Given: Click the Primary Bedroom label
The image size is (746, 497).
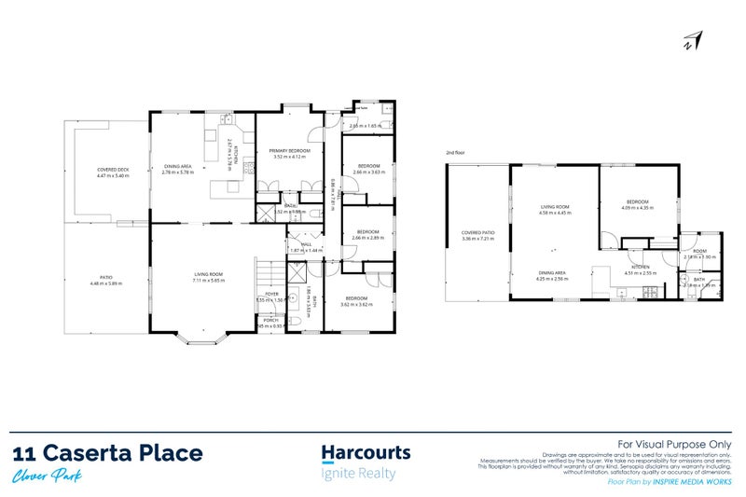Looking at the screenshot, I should pyautogui.click(x=290, y=150).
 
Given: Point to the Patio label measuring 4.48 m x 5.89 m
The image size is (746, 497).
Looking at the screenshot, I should pyautogui.click(x=106, y=277).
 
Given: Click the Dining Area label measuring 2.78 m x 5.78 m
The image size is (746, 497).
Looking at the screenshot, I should pyautogui.click(x=178, y=166).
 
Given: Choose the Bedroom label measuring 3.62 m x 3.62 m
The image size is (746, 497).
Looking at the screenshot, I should pyautogui.click(x=356, y=298).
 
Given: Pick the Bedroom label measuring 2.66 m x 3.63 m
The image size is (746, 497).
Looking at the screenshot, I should pyautogui.click(x=366, y=166).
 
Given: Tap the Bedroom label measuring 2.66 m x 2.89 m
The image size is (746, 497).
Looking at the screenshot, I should pyautogui.click(x=367, y=232).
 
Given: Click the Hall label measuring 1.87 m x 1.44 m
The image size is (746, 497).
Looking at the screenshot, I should pyautogui.click(x=305, y=244).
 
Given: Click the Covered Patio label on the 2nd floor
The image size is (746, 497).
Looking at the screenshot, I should pyautogui.click(x=477, y=234).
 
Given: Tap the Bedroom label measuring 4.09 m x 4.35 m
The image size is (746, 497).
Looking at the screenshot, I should pyautogui.click(x=637, y=201).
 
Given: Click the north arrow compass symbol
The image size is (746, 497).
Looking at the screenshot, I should pyautogui.click(x=692, y=40).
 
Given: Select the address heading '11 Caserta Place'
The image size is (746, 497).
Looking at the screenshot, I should pyautogui.click(x=108, y=454).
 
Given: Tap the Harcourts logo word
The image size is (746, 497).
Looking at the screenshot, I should pyautogui.click(x=366, y=453).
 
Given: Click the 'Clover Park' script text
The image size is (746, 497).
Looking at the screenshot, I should pyautogui.click(x=46, y=476).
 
